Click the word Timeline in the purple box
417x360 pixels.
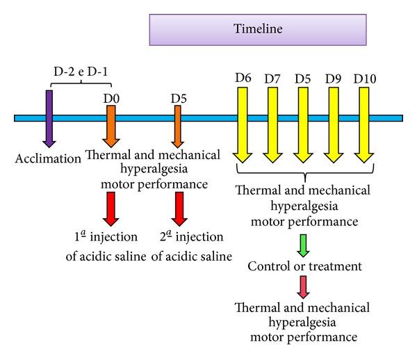point(258,28)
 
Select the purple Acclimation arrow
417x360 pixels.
point(49,119)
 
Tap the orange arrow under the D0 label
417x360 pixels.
point(111,126)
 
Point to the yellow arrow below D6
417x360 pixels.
point(243,125)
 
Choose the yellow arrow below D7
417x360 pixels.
point(272,125)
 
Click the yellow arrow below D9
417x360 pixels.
point(334,125)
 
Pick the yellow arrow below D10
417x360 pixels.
point(364,125)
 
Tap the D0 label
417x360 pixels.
point(111,99)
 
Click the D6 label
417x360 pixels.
point(243,78)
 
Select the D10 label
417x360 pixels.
point(365,79)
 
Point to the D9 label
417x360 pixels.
point(334,79)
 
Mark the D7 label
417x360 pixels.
point(272,79)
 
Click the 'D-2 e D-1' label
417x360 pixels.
point(81,72)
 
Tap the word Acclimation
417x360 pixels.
point(48,158)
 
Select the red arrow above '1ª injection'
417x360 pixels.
point(111,209)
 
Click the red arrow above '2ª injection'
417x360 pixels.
point(179,209)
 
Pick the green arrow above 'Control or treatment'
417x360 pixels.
point(303,245)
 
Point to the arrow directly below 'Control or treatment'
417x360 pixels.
point(303,287)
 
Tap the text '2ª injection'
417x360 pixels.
point(192,236)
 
